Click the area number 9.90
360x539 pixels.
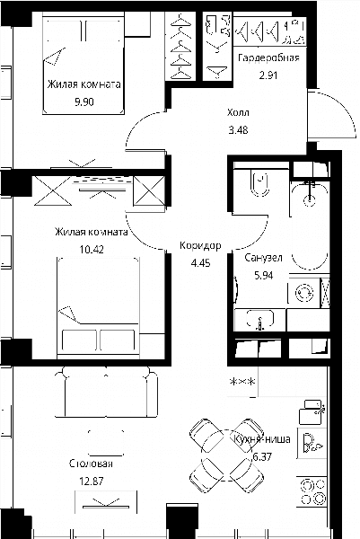coord(84,102)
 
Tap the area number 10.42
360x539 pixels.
coord(92,249)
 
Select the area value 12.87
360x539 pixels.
coord(92,482)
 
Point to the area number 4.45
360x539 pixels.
coord(200,263)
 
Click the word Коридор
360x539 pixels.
coord(200,246)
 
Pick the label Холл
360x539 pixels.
coord(238,112)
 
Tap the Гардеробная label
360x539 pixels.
coord(268,57)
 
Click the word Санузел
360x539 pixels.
coord(263,258)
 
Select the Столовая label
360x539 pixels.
coord(91,464)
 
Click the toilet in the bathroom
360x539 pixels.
coord(260,183)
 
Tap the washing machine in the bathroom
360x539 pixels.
coord(304,293)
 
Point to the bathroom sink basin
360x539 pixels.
coord(260,318)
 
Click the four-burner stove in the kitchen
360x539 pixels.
coord(312,492)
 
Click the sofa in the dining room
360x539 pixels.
coord(106,393)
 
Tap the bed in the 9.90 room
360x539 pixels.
coord(83,66)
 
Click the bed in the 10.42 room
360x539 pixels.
coord(99,307)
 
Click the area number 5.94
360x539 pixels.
coord(264,276)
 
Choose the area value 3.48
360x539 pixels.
coord(238,130)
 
